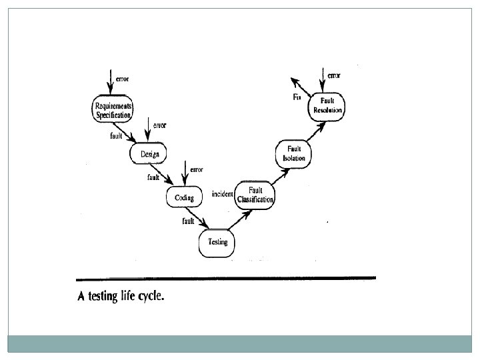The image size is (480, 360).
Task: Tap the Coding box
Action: [184, 197]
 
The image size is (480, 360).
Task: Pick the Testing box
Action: [217, 242]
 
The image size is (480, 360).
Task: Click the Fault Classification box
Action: [255, 195]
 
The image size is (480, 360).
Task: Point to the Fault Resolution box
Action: [327, 105]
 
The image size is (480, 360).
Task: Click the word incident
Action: [222, 194]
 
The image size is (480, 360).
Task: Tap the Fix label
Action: [297, 97]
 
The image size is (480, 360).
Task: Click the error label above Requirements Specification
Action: [122, 79]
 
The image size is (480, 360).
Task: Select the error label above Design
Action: [160, 125]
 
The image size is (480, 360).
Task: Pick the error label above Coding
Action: [196, 169]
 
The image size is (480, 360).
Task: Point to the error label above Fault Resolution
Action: [334, 76]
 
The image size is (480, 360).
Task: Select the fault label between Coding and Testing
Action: [188, 221]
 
